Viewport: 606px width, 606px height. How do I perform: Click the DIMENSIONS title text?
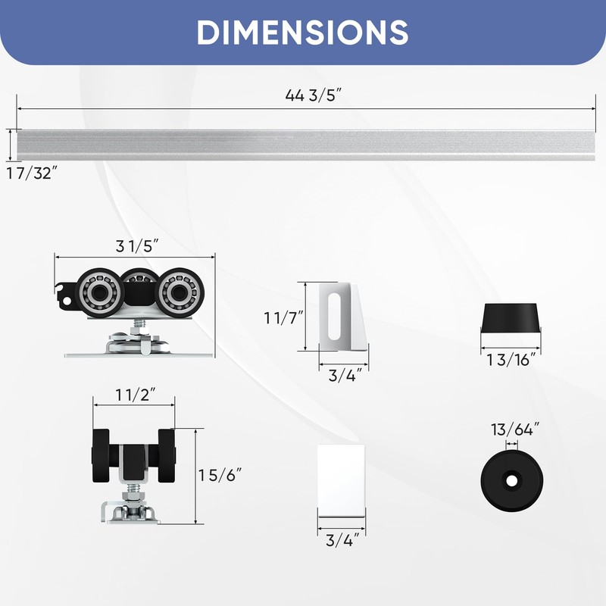[303, 32]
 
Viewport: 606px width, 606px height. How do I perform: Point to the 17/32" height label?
[33, 173]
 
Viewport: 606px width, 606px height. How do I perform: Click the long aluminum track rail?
[303, 144]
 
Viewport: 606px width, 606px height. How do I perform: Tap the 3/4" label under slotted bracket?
[343, 374]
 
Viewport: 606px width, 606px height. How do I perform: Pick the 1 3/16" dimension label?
[511, 359]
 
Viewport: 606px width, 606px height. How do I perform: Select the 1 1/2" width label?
[135, 395]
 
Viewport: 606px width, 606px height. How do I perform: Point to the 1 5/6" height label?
[220, 476]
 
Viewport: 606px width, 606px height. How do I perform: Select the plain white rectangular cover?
[341, 479]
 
